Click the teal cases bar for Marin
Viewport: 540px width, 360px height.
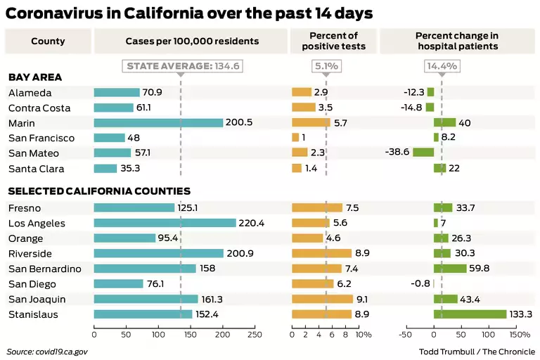tap(158, 122)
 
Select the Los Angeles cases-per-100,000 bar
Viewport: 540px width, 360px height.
tap(165, 223)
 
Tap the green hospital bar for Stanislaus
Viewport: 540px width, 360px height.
tap(470, 314)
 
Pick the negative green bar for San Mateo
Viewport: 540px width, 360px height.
tap(423, 152)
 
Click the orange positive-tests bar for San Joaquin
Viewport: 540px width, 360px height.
tap(322, 299)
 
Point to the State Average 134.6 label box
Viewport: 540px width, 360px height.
tap(182, 66)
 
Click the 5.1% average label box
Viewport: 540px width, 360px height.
tap(326, 66)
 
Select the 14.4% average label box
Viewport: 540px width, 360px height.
tap(442, 66)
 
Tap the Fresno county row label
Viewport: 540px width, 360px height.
tap(25, 208)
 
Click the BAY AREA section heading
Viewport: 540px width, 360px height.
tap(35, 77)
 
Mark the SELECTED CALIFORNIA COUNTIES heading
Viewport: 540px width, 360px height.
tap(99, 191)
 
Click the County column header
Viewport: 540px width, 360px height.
tap(48, 41)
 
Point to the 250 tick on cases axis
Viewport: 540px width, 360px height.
tap(255, 335)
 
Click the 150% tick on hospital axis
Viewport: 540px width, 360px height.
tap(519, 335)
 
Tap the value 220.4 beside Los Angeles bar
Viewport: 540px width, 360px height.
tap(252, 224)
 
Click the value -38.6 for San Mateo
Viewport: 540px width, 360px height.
tap(397, 153)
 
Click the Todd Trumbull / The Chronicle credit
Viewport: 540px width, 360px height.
tap(477, 352)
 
